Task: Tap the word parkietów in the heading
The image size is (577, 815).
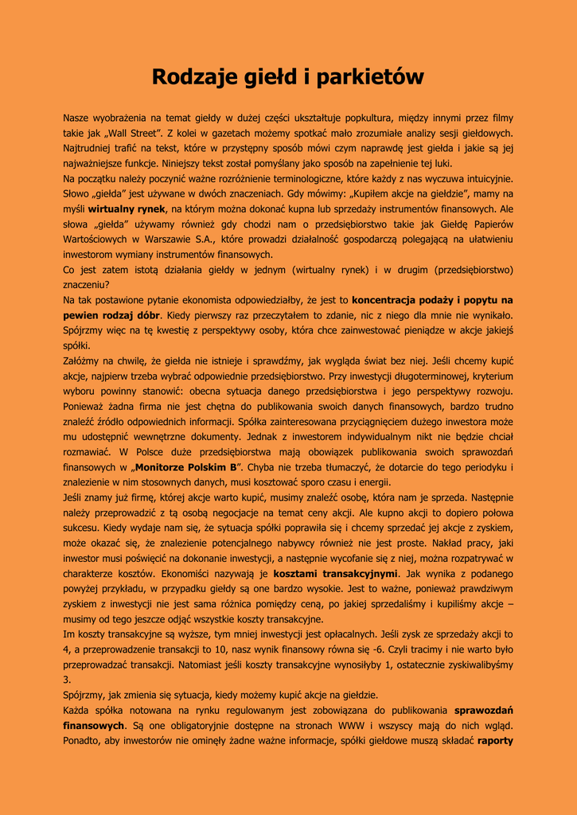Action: tap(370, 77)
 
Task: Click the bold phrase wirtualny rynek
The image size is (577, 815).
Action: tap(126, 209)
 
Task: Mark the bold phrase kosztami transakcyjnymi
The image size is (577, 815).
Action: tap(334, 573)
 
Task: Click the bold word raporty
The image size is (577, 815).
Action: tap(495, 740)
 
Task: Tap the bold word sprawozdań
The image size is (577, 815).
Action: tap(484, 710)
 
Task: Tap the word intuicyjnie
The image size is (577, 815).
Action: tap(485, 179)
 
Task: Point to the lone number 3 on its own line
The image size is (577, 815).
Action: tap(66, 680)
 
